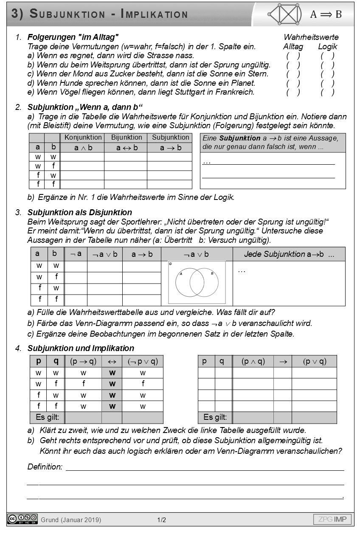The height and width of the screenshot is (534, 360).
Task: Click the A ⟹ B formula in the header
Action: click(x=326, y=14)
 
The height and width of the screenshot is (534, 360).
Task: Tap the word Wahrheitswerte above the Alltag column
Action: click(x=311, y=37)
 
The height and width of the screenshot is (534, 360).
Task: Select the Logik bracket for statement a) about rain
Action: click(x=327, y=56)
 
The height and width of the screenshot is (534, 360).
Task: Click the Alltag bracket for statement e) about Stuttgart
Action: click(x=293, y=92)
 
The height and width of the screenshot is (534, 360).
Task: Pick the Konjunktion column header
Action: click(x=83, y=138)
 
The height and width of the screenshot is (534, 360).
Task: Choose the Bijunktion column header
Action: click(x=126, y=138)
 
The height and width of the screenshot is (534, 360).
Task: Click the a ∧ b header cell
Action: click(x=83, y=148)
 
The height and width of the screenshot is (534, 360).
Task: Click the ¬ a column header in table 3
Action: click(x=76, y=254)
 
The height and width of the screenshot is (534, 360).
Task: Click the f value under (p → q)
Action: click(x=84, y=384)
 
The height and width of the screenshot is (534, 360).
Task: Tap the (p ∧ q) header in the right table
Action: click(x=253, y=361)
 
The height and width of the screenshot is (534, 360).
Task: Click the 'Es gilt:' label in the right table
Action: click(x=215, y=417)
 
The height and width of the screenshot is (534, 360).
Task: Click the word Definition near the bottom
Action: click(x=45, y=467)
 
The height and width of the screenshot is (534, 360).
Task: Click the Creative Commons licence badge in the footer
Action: click(x=22, y=519)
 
